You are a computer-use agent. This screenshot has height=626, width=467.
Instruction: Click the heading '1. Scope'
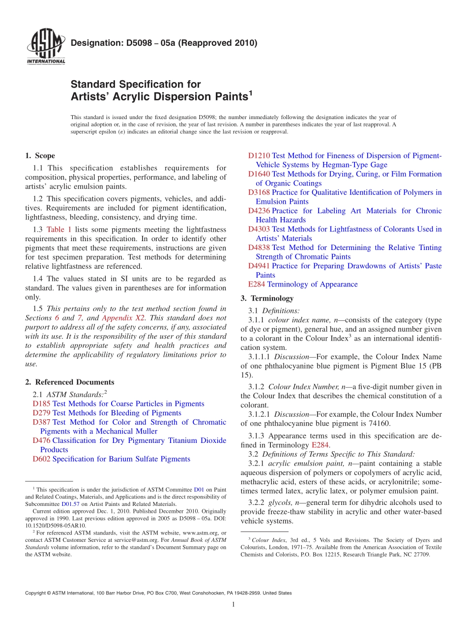[x=40, y=156]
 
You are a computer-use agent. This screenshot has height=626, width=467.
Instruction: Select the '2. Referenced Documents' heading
[x=69, y=382]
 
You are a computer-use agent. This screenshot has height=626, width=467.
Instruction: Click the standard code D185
[x=41, y=404]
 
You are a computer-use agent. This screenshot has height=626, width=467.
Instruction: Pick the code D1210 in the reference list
[x=259, y=156]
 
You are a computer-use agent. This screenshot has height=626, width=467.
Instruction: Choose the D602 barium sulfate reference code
[x=41, y=459]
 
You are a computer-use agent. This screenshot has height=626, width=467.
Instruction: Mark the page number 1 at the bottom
[x=233, y=604]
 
